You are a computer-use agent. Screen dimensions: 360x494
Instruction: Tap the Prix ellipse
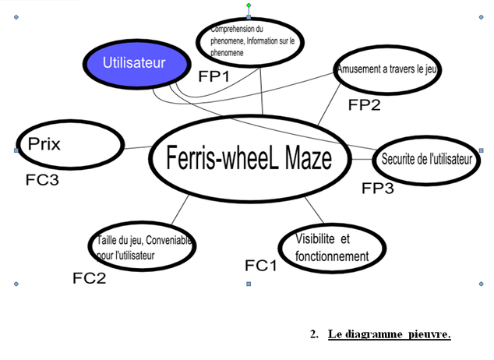tap(71, 144)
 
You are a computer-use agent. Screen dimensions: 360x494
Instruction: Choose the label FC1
tap(261, 266)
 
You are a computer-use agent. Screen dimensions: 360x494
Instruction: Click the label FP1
tap(215, 77)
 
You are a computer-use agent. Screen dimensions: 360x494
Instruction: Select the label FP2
tap(364, 104)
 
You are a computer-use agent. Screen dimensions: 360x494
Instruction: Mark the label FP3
tap(378, 188)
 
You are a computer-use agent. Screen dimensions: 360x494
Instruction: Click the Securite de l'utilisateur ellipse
tap(427, 159)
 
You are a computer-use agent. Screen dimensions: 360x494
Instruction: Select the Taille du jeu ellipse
tap(142, 246)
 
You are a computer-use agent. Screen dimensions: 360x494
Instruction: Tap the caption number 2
tap(314, 334)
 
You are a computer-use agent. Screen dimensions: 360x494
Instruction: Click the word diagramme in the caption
tap(373, 334)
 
